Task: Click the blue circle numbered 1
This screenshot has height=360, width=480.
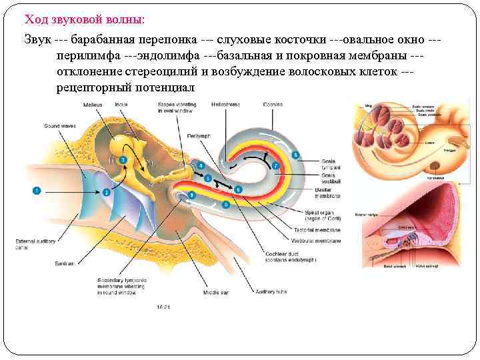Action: pos(37,191)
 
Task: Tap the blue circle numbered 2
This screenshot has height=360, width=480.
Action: pos(106,193)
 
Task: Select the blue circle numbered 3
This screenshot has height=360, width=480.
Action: pos(123,160)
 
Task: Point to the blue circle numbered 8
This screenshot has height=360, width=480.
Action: pos(295,155)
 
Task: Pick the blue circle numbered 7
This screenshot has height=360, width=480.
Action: pos(275,164)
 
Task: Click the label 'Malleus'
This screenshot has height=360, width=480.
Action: pos(93,105)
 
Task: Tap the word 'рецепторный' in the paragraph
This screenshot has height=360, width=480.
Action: pos(94,87)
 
